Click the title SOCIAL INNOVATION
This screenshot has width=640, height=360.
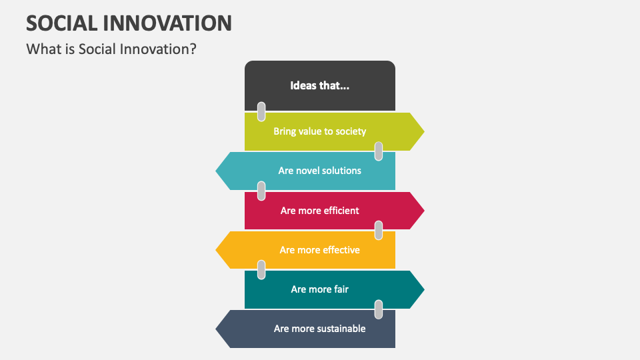tap(129, 23)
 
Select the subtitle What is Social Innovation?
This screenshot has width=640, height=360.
tap(111, 49)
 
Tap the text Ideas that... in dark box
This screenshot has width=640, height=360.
tap(319, 85)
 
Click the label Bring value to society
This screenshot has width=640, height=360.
tap(319, 131)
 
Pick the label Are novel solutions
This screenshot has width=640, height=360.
tap(319, 171)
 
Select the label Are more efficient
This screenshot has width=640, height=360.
tap(319, 211)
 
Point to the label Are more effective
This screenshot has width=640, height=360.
tap(319, 250)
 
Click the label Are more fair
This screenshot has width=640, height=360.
tap(319, 289)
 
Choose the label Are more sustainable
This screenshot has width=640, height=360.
tap(319, 329)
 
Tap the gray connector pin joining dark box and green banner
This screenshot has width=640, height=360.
tap(261, 111)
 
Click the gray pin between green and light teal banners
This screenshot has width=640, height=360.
tap(379, 151)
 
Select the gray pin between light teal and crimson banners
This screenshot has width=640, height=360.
tap(261, 191)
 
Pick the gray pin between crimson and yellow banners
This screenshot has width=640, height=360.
tap(379, 230)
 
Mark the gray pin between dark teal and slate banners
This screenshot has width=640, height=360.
tap(379, 309)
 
